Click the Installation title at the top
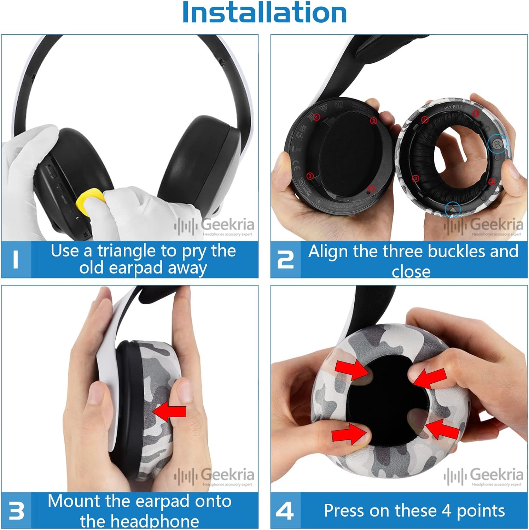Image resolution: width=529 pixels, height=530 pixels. [x=264, y=13]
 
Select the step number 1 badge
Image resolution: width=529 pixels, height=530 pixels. [x=16, y=260]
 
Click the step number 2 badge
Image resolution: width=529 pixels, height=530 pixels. [x=285, y=260]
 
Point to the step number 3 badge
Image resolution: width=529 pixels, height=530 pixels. [x=16, y=511]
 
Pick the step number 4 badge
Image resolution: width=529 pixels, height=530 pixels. [x=285, y=511]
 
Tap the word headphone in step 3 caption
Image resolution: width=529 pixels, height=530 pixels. [x=139, y=521]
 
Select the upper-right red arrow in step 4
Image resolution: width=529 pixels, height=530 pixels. [x=430, y=378]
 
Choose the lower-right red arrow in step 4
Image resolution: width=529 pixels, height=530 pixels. [x=442, y=429]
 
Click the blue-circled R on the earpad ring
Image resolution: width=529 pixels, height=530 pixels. [x=498, y=144]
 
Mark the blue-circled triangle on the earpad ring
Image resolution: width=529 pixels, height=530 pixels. [x=453, y=210]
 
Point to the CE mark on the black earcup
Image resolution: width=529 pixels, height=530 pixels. [x=296, y=166]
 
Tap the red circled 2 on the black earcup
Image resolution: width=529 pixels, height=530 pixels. [x=373, y=121]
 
